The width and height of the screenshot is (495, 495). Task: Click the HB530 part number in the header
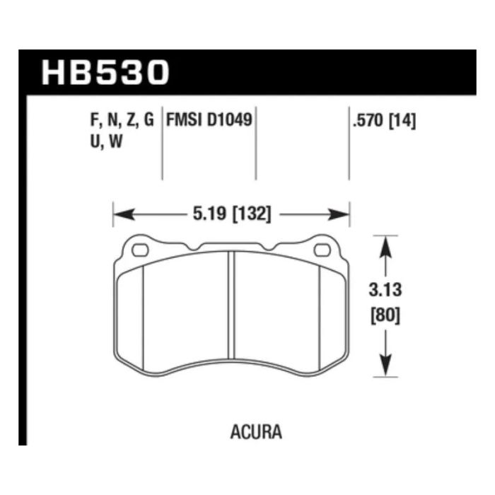tap(106, 73)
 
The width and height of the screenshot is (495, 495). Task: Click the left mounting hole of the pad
tap(139, 250)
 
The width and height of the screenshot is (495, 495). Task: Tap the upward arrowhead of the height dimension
tap(385, 244)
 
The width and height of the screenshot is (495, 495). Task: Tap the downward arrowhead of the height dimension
tap(385, 368)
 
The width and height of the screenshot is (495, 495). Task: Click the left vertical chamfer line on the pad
tap(144, 315)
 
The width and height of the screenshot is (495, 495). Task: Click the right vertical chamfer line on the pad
tap(320, 315)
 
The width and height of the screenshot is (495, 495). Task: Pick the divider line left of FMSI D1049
tap(163, 145)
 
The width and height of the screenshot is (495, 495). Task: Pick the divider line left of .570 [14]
tap(349, 145)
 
